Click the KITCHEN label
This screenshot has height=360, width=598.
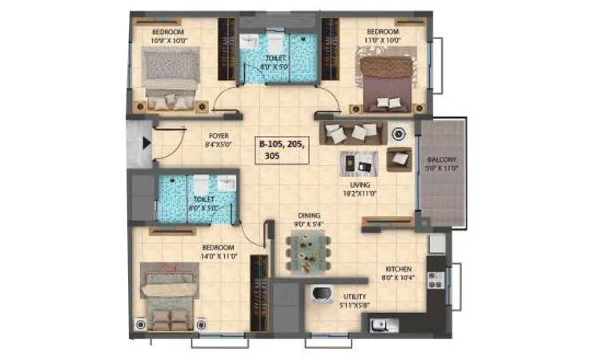click(398, 270)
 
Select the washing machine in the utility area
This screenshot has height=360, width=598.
click(323, 294)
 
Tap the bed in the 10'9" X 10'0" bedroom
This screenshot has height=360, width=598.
click(170, 78)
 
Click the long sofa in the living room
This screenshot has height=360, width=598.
click(352, 131)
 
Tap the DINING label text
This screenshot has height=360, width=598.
click(308, 215)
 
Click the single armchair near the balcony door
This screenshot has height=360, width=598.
click(399, 159)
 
